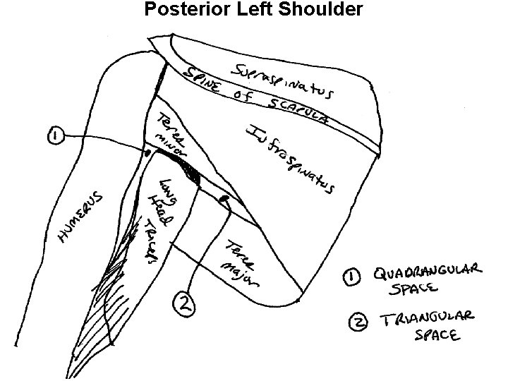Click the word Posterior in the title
178,9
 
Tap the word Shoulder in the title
329,9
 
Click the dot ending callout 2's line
226,200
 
